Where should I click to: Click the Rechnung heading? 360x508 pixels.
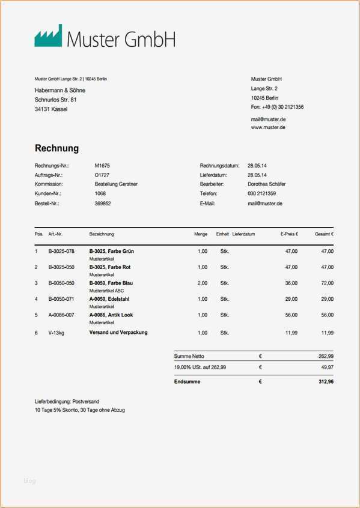[56, 148]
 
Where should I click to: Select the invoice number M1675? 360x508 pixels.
[102, 165]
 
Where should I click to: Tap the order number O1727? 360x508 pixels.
[102, 175]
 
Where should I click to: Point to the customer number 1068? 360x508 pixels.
[100, 194]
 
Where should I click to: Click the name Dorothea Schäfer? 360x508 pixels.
[266, 184]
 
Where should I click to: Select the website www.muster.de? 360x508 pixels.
[268, 127]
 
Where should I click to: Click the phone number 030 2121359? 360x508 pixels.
[261, 194]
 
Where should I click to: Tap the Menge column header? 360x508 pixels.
[201, 234]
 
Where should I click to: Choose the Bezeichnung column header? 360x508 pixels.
[102, 234]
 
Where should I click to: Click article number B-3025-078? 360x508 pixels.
[61, 251]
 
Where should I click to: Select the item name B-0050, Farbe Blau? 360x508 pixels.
[111, 283]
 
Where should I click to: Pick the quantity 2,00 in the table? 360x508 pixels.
[203, 283]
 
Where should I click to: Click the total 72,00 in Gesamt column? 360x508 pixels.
[327, 283]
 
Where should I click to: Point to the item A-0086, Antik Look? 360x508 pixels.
[111, 315]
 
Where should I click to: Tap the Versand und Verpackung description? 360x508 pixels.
[118, 332]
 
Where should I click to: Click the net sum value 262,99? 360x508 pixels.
[326, 356]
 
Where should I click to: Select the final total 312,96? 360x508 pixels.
[326, 381]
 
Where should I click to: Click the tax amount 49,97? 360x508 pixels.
[327, 367]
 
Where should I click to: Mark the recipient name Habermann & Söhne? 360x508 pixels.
[60, 90]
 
